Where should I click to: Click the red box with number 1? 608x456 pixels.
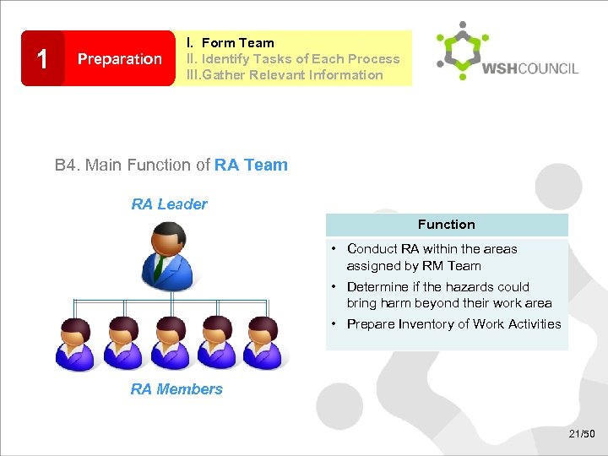coord(42,58)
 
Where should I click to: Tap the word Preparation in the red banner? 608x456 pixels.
coord(119,59)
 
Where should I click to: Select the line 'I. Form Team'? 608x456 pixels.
coord(231,42)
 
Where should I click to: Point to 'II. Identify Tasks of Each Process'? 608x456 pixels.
coord(293,58)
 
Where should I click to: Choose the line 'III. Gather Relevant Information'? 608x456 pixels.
coord(285,74)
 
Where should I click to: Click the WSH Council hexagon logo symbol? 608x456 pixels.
coord(456,52)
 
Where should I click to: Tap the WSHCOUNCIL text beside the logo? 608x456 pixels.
coord(530,68)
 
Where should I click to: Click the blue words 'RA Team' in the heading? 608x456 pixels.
coord(251,166)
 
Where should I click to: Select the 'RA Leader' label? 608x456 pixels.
coord(169,204)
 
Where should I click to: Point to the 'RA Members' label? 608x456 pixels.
coord(176,389)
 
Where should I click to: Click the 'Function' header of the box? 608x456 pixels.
coord(446,225)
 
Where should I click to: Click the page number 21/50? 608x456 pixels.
coord(582,434)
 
